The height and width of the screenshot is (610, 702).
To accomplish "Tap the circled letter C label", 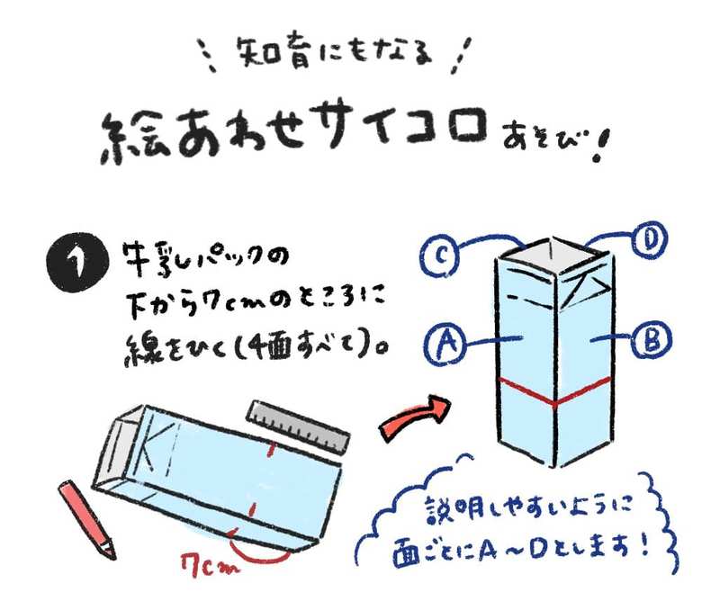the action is click(x=439, y=256).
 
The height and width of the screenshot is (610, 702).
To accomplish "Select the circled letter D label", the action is click(x=649, y=241).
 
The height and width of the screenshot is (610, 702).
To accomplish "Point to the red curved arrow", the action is click(x=414, y=417).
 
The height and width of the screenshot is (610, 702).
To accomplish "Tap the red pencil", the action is click(x=86, y=519).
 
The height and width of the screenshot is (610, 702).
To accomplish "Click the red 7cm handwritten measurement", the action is click(x=210, y=565).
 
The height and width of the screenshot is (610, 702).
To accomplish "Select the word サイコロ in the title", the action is click(x=405, y=124).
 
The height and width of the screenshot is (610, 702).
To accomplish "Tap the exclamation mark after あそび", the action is click(x=598, y=145).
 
